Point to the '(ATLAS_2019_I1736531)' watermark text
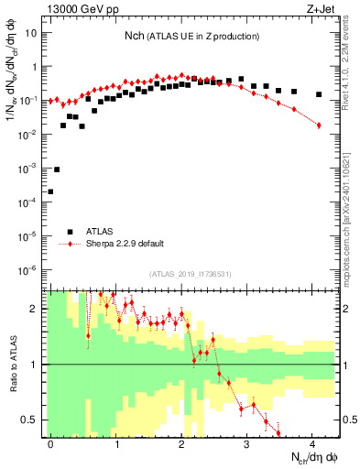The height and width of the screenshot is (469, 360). click(x=191, y=274)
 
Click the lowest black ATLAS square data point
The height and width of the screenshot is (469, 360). click(x=50, y=191)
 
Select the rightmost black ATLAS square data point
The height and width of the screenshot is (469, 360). click(x=319, y=94)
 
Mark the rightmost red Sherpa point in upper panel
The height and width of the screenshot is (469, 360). click(x=319, y=125)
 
